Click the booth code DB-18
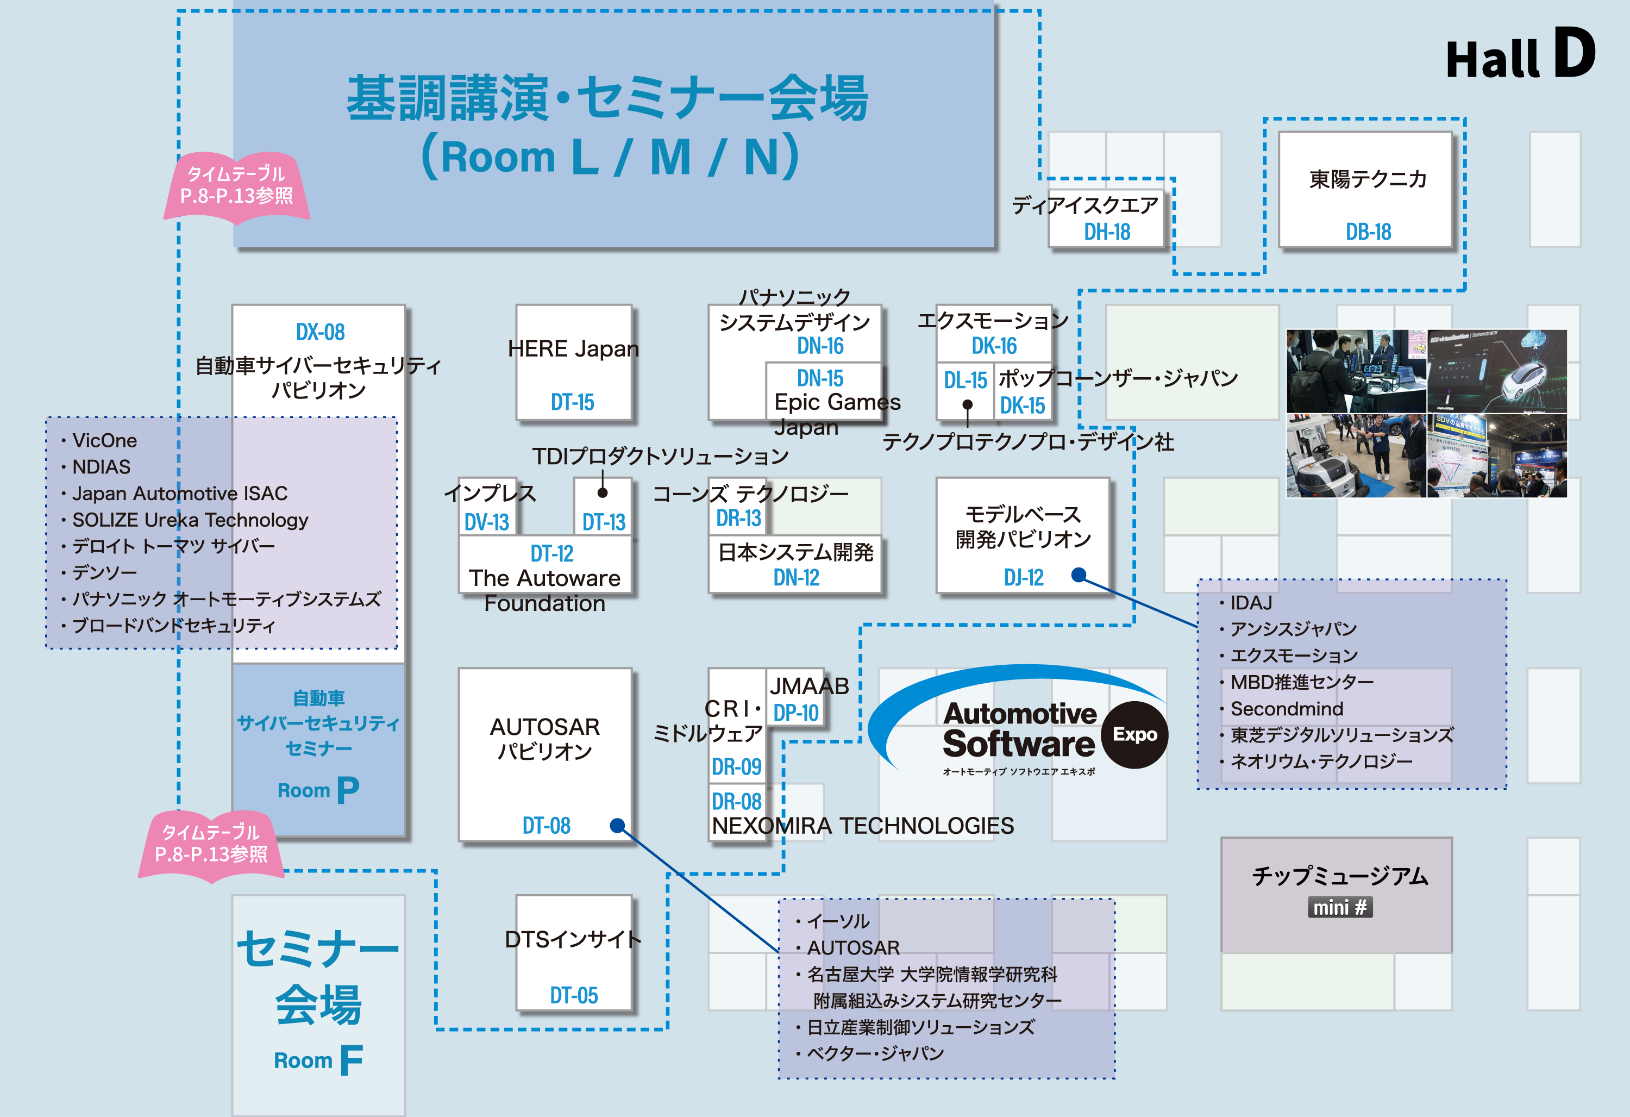pyautogui.click(x=1368, y=232)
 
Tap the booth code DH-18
pyautogui.click(x=1107, y=232)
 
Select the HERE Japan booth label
pyautogui.click(x=573, y=349)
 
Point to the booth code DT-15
pyautogui.click(x=572, y=402)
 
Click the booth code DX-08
pyautogui.click(x=320, y=332)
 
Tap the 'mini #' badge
pyautogui.click(x=1340, y=907)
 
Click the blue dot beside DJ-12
pyautogui.click(x=1079, y=575)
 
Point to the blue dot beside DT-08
pyautogui.click(x=617, y=825)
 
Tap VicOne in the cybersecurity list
pyautogui.click(x=104, y=441)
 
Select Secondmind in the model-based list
pyautogui.click(x=1286, y=709)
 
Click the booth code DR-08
pyautogui.click(x=736, y=801)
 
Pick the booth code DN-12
pyautogui.click(x=796, y=577)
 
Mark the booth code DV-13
pyautogui.click(x=487, y=522)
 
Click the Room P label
pyautogui.click(x=318, y=790)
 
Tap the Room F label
pyautogui.click(x=318, y=1059)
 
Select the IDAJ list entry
pyautogui.click(x=1251, y=603)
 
